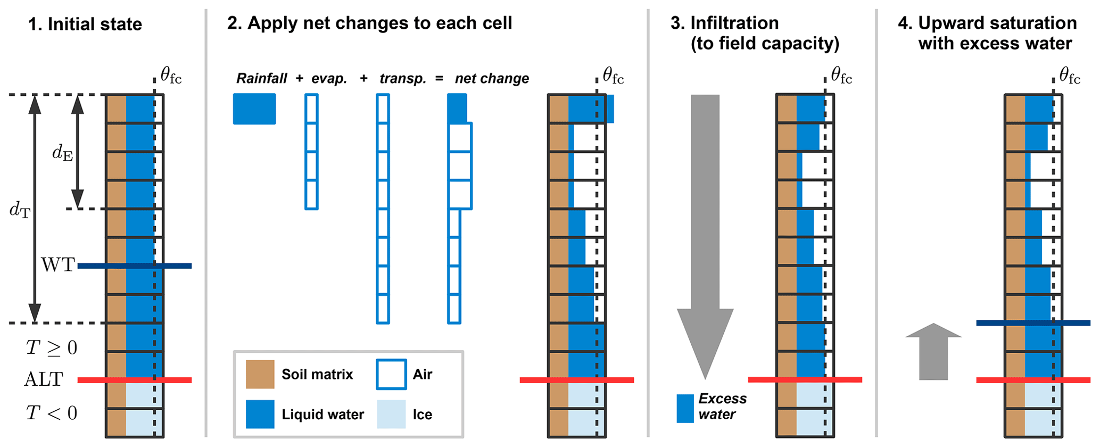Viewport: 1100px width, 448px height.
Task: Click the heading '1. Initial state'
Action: (85, 24)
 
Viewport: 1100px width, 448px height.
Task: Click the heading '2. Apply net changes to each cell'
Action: (369, 23)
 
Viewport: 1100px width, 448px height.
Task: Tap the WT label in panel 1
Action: (58, 265)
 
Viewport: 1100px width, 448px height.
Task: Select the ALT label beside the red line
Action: (44, 379)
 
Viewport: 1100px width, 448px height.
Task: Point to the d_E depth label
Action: (62, 153)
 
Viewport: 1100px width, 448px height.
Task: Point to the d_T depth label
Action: (20, 210)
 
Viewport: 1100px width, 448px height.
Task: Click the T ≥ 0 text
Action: (52, 348)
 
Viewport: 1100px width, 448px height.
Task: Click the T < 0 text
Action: (52, 413)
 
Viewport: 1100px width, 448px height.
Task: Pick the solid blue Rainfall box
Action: (254, 109)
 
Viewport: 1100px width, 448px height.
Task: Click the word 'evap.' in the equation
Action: (329, 79)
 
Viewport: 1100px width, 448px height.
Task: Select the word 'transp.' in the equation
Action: (403, 79)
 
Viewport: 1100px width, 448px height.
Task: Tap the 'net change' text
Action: (492, 79)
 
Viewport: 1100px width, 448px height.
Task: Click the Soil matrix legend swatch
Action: (260, 374)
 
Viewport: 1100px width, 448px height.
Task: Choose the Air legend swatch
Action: (391, 374)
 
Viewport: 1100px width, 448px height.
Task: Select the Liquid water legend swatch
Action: (260, 414)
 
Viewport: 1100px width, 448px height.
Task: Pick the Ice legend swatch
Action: (391, 414)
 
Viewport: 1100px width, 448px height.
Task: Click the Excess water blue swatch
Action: (685, 408)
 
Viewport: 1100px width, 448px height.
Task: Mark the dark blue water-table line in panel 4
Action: (1033, 323)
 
